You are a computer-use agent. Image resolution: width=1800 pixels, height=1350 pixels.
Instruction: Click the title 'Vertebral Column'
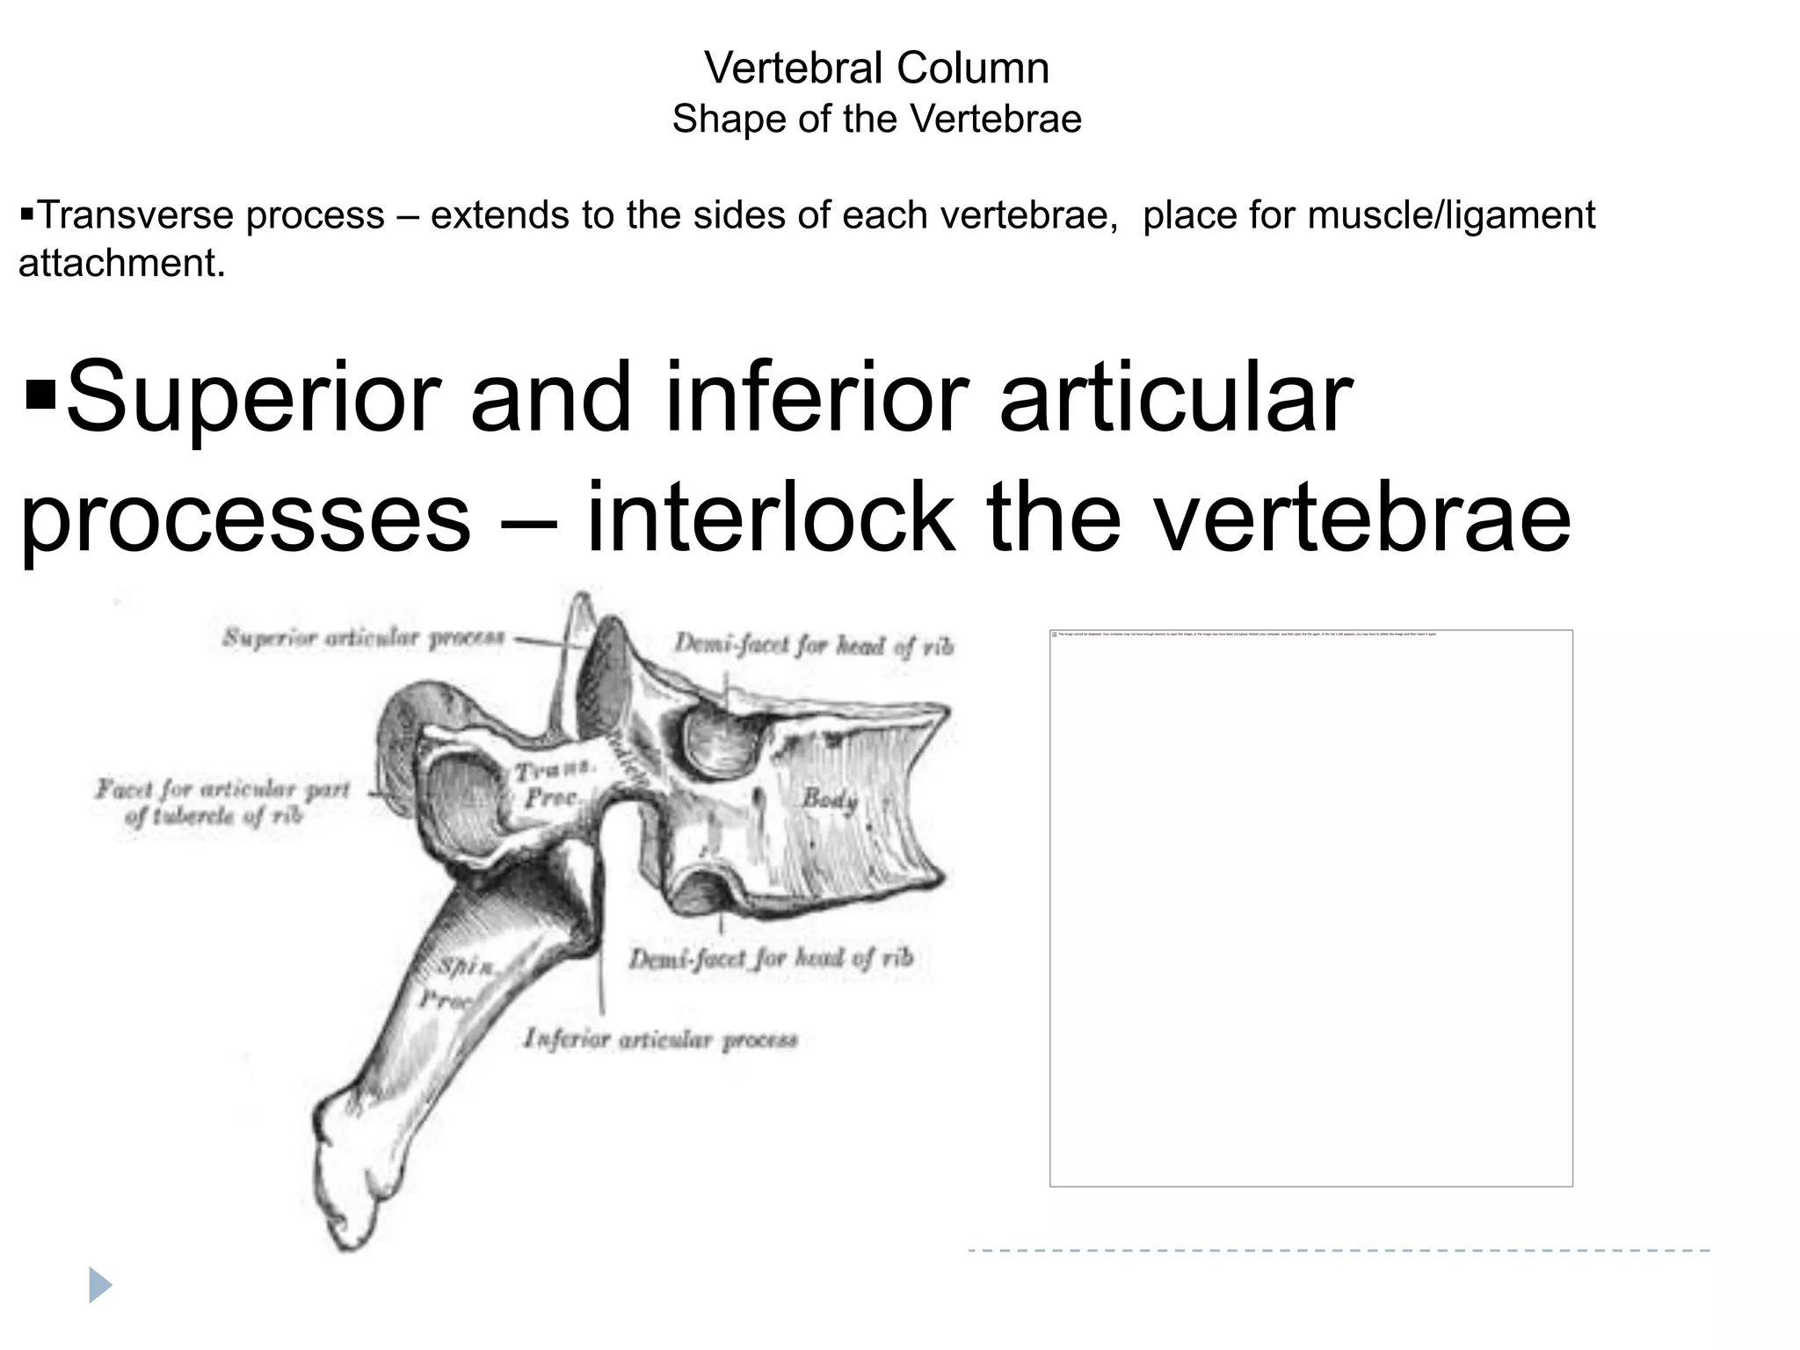(x=876, y=68)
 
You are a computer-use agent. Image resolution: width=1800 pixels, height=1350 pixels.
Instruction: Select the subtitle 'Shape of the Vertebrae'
(x=876, y=119)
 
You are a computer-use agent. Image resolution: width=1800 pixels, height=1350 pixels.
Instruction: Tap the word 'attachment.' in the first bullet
(x=122, y=263)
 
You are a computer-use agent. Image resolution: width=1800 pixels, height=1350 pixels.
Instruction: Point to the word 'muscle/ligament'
(x=1451, y=215)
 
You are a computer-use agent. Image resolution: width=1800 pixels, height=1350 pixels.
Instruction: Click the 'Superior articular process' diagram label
(x=363, y=637)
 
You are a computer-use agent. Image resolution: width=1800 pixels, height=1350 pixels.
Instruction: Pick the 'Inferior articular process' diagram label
(x=660, y=1040)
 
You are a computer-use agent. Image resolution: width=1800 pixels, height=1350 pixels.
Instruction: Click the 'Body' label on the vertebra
(x=829, y=799)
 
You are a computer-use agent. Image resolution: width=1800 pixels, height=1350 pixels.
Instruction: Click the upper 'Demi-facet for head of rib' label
(x=813, y=646)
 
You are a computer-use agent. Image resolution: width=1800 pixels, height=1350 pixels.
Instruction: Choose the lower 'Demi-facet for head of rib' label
(x=771, y=958)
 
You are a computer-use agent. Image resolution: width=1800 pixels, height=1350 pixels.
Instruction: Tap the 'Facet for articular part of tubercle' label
(x=222, y=802)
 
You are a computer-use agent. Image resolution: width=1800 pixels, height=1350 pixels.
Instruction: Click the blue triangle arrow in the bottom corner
(x=100, y=1285)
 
